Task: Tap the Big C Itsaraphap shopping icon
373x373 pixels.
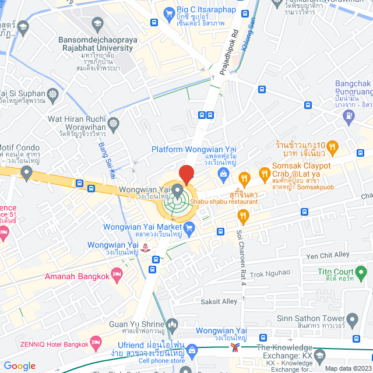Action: point(169,12)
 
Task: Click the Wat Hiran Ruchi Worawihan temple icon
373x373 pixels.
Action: point(112,123)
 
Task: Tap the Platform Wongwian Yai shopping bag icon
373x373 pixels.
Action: point(222,174)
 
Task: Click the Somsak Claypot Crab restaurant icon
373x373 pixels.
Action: point(264,173)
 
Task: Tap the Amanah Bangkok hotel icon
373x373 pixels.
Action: point(117,273)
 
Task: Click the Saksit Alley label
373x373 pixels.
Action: point(214,301)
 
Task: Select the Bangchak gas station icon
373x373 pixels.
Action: point(349,115)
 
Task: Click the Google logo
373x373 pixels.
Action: point(19,365)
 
